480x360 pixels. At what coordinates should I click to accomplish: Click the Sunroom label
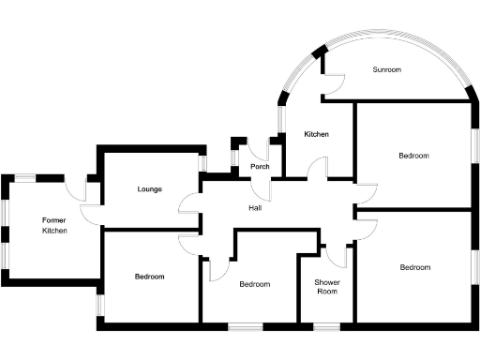[387, 70]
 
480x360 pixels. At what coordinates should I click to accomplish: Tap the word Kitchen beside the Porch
[316, 135]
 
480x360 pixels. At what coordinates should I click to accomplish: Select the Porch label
[260, 168]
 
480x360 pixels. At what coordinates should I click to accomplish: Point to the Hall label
[254, 207]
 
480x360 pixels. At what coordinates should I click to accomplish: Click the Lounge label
[149, 189]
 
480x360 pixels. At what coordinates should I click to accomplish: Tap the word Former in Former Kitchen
[53, 221]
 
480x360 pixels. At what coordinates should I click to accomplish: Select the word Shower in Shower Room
[326, 282]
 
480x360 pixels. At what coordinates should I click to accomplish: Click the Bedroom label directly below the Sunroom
[413, 156]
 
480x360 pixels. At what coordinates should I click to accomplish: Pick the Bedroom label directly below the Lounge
[149, 277]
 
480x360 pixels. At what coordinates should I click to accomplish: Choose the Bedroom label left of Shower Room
[254, 284]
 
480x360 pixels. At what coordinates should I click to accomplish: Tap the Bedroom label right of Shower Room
[415, 267]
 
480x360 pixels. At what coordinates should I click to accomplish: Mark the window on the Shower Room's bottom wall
[326, 326]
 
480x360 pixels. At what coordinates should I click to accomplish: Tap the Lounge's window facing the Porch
[202, 163]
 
